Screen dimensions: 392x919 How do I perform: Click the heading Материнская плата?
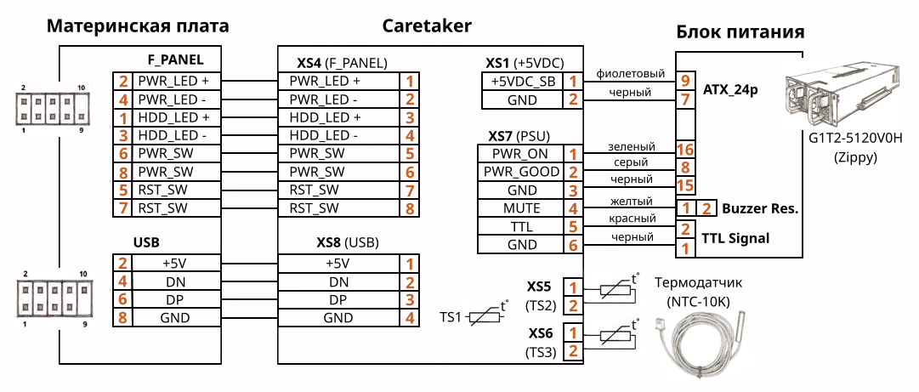[x=138, y=26]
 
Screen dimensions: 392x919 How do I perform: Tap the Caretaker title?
[x=427, y=26]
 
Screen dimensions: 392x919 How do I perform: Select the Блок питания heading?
[x=740, y=33]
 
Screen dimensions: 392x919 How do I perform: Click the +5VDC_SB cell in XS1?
[x=524, y=82]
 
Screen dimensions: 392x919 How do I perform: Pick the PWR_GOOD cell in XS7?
[x=520, y=173]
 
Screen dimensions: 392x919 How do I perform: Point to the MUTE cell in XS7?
[x=520, y=208]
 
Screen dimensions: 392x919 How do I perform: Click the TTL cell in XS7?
[x=520, y=227]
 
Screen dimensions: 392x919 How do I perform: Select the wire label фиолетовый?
[x=630, y=73]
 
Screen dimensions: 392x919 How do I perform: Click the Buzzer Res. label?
[x=759, y=208]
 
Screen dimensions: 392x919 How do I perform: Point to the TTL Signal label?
[x=735, y=239]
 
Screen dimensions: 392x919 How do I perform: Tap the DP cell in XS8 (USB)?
[x=338, y=300]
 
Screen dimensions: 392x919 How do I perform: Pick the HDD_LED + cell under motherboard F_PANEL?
[x=173, y=117]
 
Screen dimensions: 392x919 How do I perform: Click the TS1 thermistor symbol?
[x=486, y=316]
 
